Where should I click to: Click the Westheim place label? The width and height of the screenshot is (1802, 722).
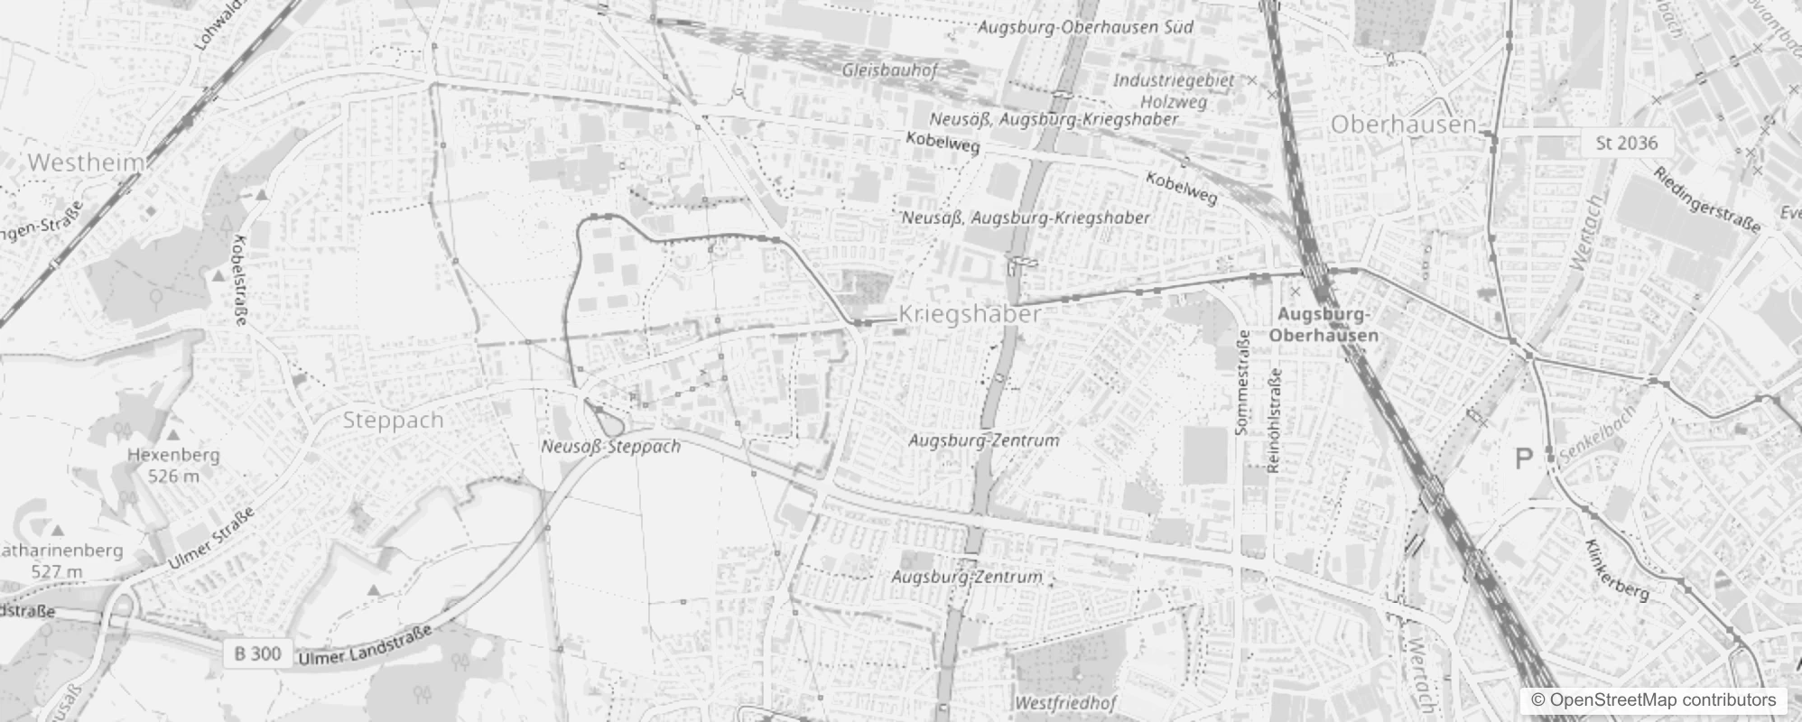tap(87, 163)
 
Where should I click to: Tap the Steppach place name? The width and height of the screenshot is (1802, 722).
tap(393, 421)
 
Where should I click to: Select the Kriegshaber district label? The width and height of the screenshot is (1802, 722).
tap(970, 314)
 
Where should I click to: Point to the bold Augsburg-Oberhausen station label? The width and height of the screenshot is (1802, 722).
tap(1324, 325)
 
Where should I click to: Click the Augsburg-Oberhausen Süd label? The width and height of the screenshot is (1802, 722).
tap(1085, 27)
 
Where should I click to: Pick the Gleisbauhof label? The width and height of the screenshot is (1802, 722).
tap(889, 69)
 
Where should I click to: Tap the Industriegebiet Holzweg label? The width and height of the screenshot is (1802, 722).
tap(1173, 90)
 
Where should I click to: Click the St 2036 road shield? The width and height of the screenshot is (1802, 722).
tap(1627, 143)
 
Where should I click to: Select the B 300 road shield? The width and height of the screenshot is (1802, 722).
tap(258, 653)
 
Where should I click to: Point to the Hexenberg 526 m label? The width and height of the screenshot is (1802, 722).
tap(174, 465)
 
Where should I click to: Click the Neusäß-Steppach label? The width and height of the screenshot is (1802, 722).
tap(610, 446)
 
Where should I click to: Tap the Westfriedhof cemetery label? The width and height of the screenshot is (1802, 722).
tap(1065, 702)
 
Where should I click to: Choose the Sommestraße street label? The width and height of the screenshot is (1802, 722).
tap(1242, 383)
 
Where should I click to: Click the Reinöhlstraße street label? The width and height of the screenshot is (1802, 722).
tap(1275, 421)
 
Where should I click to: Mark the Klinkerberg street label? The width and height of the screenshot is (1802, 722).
tap(1617, 570)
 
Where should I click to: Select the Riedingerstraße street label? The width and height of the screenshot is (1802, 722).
tap(1706, 199)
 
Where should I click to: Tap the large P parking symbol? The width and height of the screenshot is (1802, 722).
tap(1524, 459)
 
